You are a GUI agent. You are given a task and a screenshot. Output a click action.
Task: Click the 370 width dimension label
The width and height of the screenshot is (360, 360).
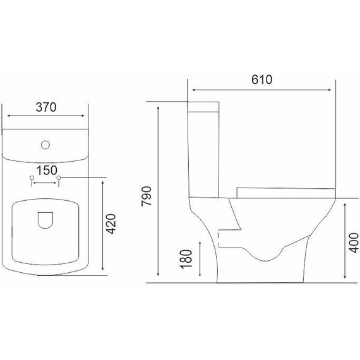pos(46,107)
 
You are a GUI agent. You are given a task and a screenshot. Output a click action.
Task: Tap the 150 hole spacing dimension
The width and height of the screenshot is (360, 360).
pos(47,171)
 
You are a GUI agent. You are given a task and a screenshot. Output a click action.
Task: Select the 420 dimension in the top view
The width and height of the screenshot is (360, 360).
pos(112,224)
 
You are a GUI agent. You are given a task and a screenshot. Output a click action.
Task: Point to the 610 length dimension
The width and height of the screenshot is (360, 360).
pos(261,80)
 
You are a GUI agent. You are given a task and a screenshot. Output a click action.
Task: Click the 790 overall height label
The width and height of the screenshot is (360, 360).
pos(147,196)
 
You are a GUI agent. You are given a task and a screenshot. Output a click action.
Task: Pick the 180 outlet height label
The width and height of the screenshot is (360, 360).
pos(186,259)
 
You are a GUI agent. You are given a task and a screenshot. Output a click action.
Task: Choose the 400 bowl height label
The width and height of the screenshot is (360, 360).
pos(355,243)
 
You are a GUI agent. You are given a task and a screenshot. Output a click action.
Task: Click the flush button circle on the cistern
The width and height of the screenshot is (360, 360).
pos(45,145)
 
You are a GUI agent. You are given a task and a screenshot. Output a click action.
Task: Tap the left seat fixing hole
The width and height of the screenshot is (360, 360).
pos(32,177)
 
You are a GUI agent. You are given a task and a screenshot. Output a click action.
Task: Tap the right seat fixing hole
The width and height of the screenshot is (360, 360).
pos(59,177)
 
